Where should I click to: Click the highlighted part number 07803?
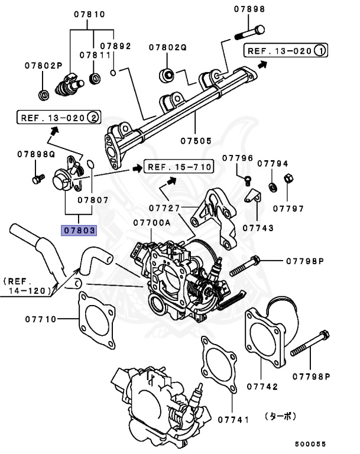pos(79,229)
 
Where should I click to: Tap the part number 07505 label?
pos(196,141)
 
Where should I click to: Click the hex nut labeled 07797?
pos(287,178)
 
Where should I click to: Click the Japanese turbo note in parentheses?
pos(281,416)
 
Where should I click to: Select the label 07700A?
pos(151,223)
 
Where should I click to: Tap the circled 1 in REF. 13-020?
pos(319,51)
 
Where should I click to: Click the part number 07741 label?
pos(233,419)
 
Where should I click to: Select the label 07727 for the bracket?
pos(165,208)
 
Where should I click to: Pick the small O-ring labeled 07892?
pos(112,73)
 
